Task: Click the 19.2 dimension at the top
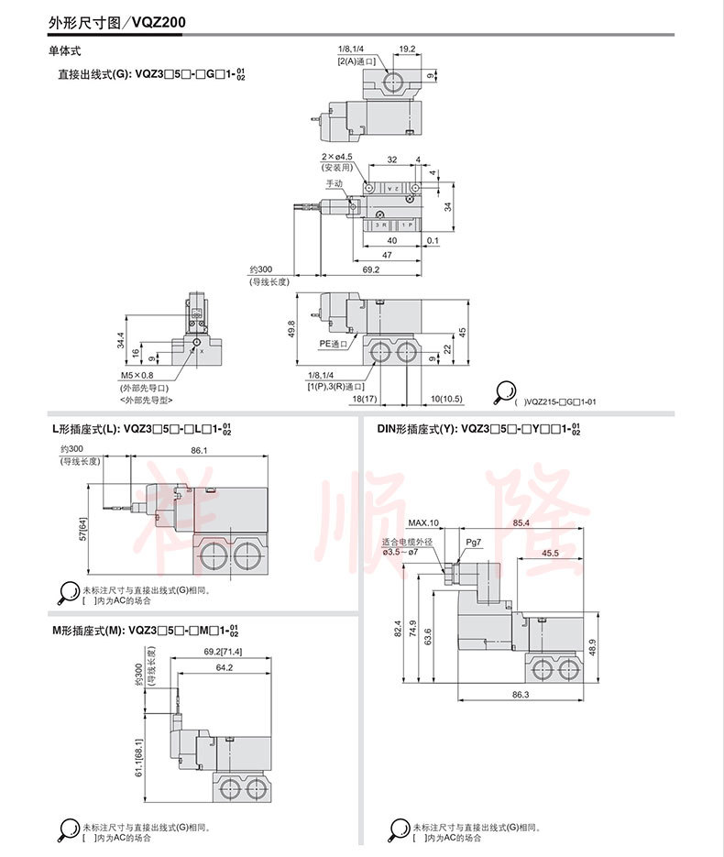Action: [x=407, y=49]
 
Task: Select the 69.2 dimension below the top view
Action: [x=370, y=269]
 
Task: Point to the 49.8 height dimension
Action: [x=291, y=328]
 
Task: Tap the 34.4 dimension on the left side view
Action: [x=120, y=340]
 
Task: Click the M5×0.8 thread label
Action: [x=137, y=375]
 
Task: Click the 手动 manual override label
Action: [x=335, y=183]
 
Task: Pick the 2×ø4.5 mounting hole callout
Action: [x=336, y=157]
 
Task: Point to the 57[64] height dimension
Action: [x=82, y=529]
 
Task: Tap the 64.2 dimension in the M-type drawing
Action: [x=223, y=668]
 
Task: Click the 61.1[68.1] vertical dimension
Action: [x=138, y=760]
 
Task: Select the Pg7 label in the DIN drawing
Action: [x=474, y=543]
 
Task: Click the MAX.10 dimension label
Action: [x=424, y=523]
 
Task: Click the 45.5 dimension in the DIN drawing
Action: [x=550, y=553]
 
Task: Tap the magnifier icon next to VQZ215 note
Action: [x=505, y=393]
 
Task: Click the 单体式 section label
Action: [x=64, y=51]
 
